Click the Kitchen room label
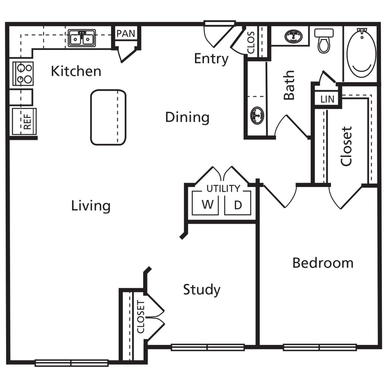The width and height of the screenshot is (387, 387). coord(76,71)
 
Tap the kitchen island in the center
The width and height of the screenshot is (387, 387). coord(108,117)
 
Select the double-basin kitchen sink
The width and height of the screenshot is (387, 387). coord(82,38)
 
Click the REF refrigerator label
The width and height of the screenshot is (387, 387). coord(28,122)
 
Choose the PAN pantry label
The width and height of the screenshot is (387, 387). coord(125,34)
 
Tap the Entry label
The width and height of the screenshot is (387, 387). coord(211,59)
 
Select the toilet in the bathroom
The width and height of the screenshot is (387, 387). coord(325,40)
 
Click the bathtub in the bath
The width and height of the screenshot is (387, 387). coord(361,53)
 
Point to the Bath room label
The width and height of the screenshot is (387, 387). coord(289,85)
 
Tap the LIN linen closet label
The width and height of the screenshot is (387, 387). coord(327,99)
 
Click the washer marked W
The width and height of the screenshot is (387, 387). coord(207,205)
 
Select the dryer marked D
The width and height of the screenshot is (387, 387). coord(238,205)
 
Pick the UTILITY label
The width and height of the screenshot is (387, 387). coord(223,188)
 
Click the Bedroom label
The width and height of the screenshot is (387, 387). coord(323,263)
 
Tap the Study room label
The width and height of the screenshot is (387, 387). coord(202,289)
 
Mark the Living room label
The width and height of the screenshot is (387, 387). coord(91,206)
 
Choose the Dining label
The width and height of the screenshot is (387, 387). coord(187,117)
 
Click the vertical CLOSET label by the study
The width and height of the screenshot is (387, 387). coord(141,317)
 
